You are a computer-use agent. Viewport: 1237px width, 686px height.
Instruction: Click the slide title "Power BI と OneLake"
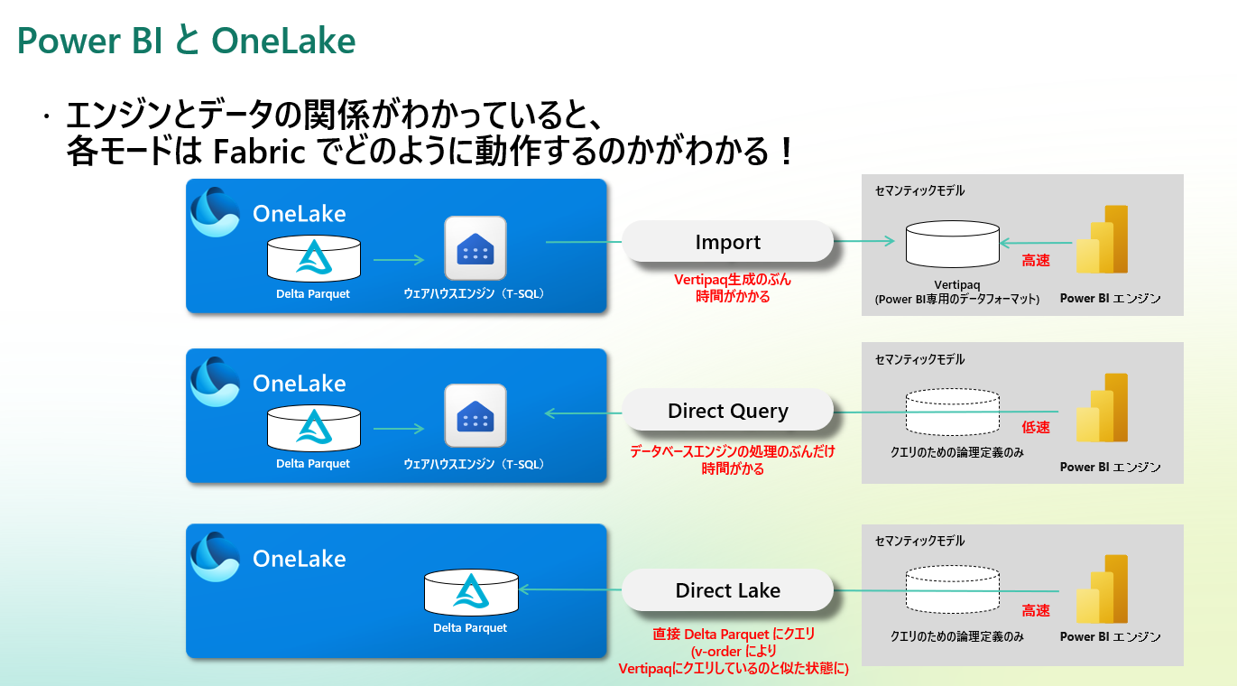coord(186,42)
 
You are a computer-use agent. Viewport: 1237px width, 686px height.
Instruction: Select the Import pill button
coord(727,242)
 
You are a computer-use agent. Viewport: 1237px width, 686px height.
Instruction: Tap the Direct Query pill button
coord(727,411)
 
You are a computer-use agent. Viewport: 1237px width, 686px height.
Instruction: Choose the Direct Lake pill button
coord(727,590)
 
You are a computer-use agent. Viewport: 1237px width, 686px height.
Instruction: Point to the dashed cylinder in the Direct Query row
coord(952,412)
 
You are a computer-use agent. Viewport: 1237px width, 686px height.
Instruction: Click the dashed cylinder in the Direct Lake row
coord(952,589)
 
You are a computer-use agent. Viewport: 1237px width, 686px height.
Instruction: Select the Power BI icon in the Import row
coord(1103,239)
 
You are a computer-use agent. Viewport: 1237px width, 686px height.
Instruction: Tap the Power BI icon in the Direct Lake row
coord(1103,589)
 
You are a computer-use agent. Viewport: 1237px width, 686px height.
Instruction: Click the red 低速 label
coord(1036,427)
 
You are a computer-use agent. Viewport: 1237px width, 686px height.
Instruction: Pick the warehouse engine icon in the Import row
coord(475,248)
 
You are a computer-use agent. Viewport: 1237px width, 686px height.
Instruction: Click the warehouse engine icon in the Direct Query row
coord(475,415)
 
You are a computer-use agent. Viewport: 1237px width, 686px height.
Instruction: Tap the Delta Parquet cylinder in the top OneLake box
coord(313,258)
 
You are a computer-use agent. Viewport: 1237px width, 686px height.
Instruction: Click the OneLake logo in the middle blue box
coord(215,382)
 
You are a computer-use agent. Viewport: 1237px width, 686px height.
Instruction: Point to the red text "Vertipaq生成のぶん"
coord(732,280)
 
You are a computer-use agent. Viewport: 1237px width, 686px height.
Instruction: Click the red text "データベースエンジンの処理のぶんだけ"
coord(732,451)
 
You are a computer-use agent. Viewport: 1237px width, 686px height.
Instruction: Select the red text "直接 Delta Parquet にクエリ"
coord(733,635)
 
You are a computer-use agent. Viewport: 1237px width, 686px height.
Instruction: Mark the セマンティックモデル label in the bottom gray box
coord(919,541)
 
